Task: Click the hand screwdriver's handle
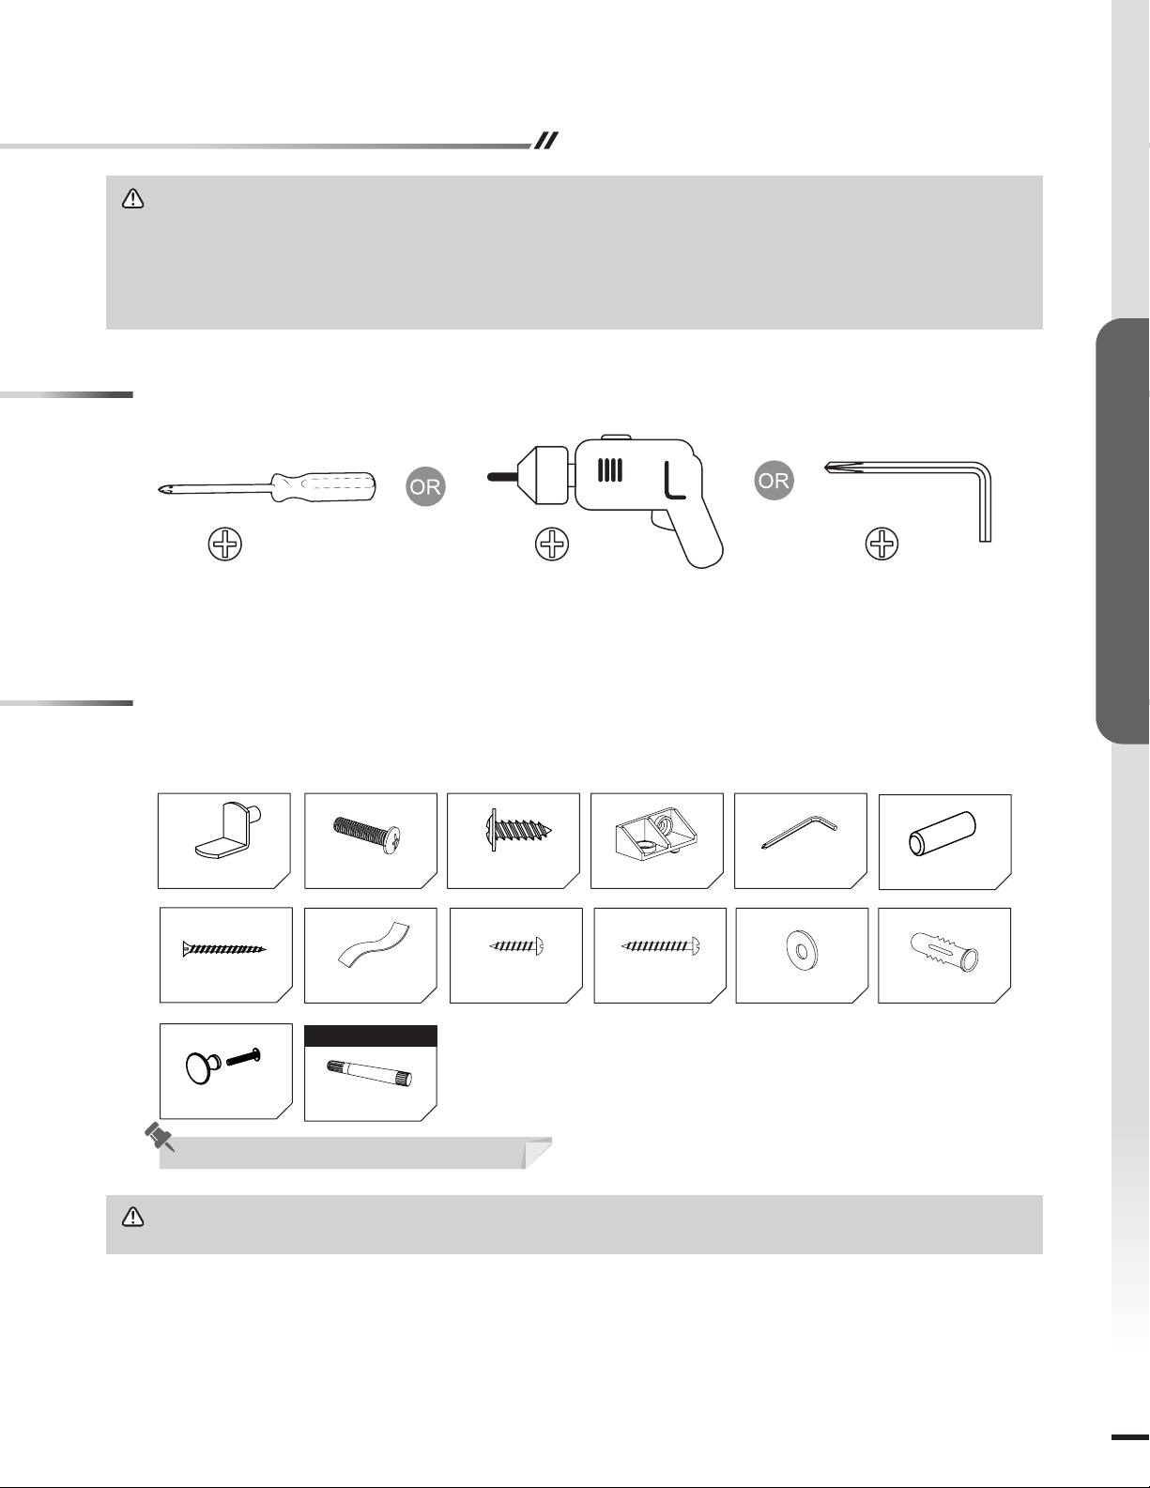[x=323, y=487]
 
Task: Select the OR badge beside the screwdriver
[x=425, y=487]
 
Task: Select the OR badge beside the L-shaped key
[x=774, y=481]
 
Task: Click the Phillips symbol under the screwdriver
[x=225, y=545]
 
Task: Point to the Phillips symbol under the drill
[x=552, y=545]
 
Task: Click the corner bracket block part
[x=656, y=834]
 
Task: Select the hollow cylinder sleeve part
[x=942, y=832]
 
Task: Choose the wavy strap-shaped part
[x=373, y=944]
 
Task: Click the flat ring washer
[x=802, y=950]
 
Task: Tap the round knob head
[x=201, y=1068]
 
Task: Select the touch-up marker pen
[x=370, y=1074]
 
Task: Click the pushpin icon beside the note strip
[x=160, y=1138]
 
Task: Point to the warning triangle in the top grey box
[x=132, y=199]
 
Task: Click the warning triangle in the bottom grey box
[x=132, y=1217]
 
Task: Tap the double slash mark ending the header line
[x=545, y=141]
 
